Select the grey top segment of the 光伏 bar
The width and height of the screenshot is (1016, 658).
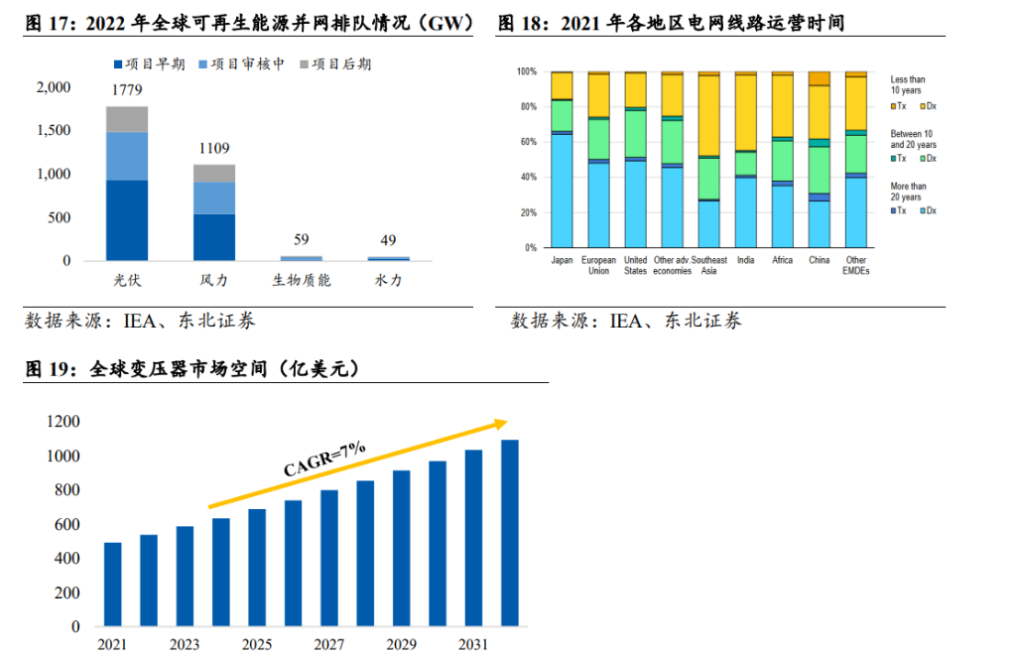(127, 119)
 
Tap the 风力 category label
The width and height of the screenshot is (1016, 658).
(214, 281)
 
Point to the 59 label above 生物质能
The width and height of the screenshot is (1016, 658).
(302, 239)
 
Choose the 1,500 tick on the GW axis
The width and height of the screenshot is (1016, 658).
(55, 131)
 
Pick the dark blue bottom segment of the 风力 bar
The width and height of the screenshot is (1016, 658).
(214, 237)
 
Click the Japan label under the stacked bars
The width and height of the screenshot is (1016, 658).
(562, 261)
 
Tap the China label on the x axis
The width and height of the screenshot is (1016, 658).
(819, 261)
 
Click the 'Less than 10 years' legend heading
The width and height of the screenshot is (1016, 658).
(907, 84)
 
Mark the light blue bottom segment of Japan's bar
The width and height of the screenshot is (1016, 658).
(562, 190)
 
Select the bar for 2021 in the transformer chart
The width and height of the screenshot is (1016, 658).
(112, 585)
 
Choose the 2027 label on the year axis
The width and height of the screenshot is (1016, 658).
(329, 645)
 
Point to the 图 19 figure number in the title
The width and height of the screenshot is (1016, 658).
(47, 369)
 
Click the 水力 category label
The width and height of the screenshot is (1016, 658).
(388, 281)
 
